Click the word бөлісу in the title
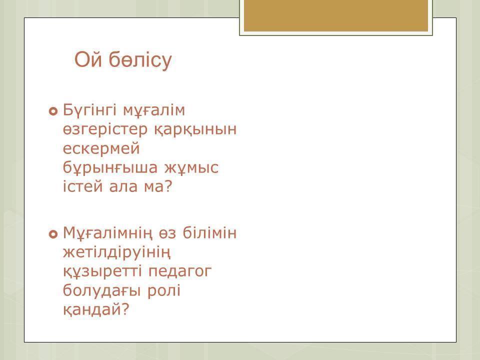[140, 60]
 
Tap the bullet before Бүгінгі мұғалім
[53, 111]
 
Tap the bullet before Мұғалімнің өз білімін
[53, 234]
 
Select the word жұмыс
[191, 168]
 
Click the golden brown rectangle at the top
[336, 16]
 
